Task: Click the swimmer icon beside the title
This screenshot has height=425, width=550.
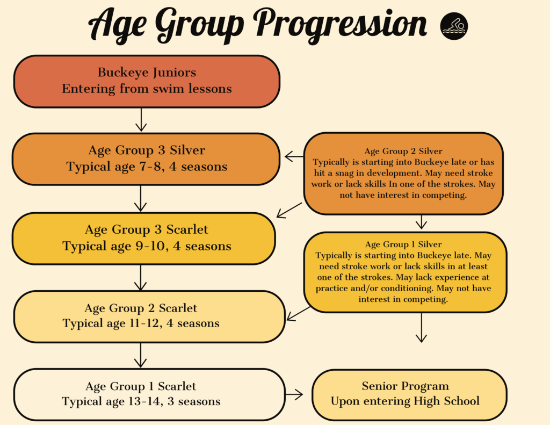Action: tap(454, 26)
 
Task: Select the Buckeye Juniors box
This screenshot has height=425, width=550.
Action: tap(147, 82)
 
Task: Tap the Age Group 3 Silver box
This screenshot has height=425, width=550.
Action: tap(146, 159)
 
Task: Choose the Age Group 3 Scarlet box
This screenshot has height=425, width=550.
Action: tap(144, 239)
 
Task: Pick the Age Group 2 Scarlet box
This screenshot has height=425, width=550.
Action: tap(149, 316)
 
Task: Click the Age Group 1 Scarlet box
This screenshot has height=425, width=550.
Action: tap(149, 394)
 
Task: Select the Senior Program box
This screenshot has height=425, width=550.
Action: tap(409, 394)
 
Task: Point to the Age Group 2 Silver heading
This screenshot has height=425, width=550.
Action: tap(403, 152)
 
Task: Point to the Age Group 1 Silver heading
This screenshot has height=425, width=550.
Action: tap(403, 244)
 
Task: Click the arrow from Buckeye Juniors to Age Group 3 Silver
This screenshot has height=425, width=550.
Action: tap(141, 120)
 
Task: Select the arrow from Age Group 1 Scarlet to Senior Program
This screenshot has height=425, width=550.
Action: tap(294, 394)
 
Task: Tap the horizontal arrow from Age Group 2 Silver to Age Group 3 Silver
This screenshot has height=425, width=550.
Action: tap(294, 156)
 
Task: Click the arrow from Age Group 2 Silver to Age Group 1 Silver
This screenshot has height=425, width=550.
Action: tap(421, 222)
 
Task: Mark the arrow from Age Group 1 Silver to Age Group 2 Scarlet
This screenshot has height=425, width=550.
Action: tap(299, 313)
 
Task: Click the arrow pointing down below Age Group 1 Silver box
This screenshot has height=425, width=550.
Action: tap(421, 328)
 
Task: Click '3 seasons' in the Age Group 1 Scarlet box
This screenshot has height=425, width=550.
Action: tap(194, 401)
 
